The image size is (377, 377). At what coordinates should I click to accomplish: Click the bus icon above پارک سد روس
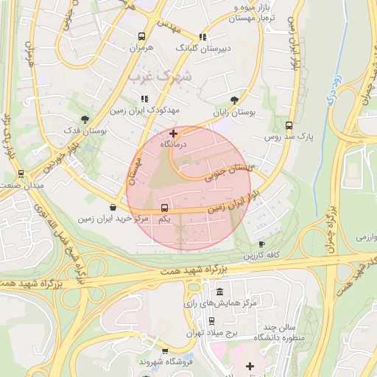click(289, 125)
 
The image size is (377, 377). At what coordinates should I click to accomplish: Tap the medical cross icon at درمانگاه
click(173, 133)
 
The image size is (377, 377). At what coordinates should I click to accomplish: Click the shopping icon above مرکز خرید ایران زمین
click(112, 207)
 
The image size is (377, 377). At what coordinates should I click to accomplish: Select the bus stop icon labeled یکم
click(163, 208)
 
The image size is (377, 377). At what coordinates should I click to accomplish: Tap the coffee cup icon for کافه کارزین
click(261, 244)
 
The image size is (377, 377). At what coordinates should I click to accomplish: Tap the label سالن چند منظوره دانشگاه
click(275, 332)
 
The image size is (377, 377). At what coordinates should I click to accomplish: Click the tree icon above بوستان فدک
click(85, 119)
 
